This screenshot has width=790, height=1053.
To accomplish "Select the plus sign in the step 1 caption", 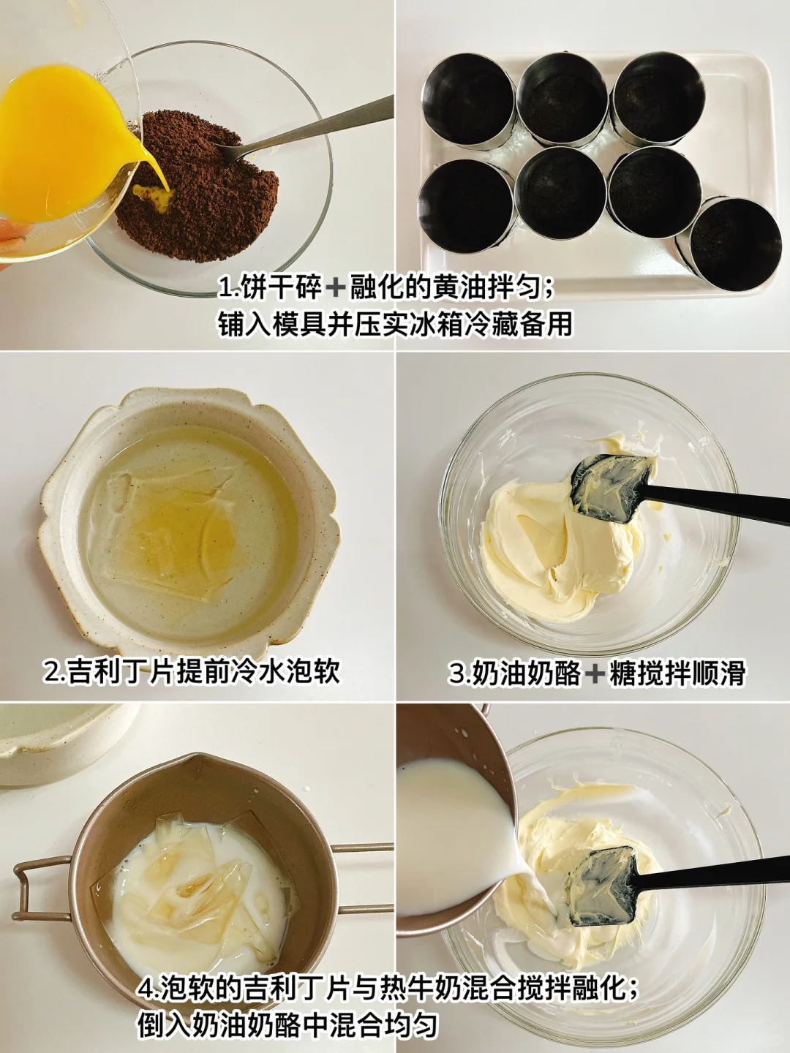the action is click(335, 290).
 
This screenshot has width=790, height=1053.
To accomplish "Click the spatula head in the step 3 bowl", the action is click(612, 488).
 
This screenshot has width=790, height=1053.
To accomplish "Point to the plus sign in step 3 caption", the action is click(595, 673).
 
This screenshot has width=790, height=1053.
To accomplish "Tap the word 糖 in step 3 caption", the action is click(620, 673).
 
